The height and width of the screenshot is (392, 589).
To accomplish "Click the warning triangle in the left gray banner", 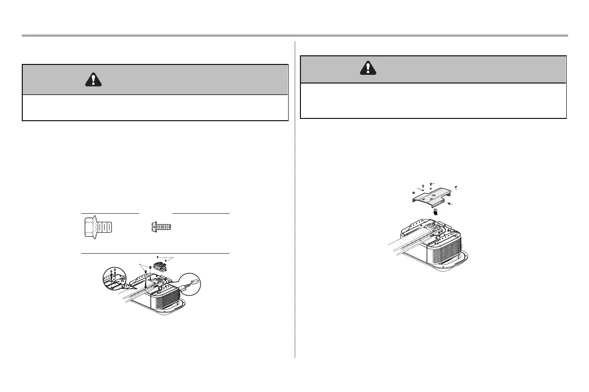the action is click(93, 79).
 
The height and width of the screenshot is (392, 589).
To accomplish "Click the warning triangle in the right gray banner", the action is click(368, 68).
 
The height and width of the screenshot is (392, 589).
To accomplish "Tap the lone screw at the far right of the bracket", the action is click(456, 187).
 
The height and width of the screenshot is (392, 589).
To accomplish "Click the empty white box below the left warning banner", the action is click(155, 108).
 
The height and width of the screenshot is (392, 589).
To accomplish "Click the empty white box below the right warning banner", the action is click(433, 101).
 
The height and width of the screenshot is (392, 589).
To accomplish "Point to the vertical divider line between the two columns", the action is click(295, 200).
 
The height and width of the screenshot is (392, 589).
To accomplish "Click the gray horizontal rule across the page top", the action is click(294, 35).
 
